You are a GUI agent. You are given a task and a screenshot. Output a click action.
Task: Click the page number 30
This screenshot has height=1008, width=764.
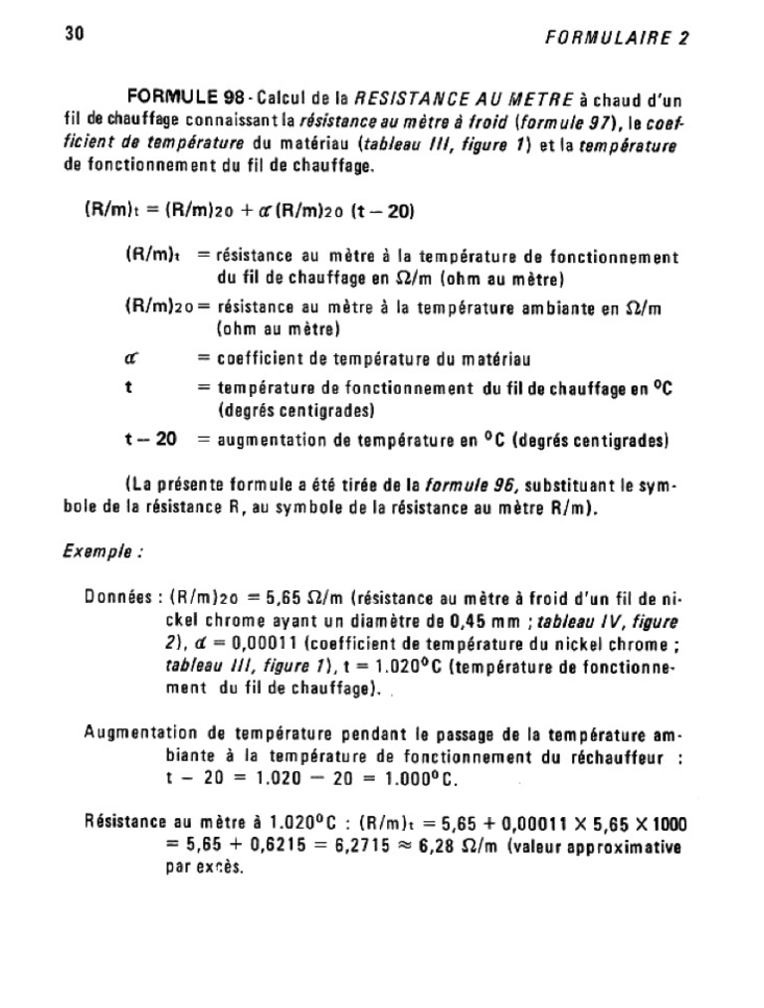coord(75,34)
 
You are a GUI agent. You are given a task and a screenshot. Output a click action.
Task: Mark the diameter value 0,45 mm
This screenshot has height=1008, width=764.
coord(455,621)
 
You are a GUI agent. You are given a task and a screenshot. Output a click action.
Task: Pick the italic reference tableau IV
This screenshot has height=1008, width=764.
coord(582,621)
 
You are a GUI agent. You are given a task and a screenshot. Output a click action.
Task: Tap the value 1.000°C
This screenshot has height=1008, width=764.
coord(419,778)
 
